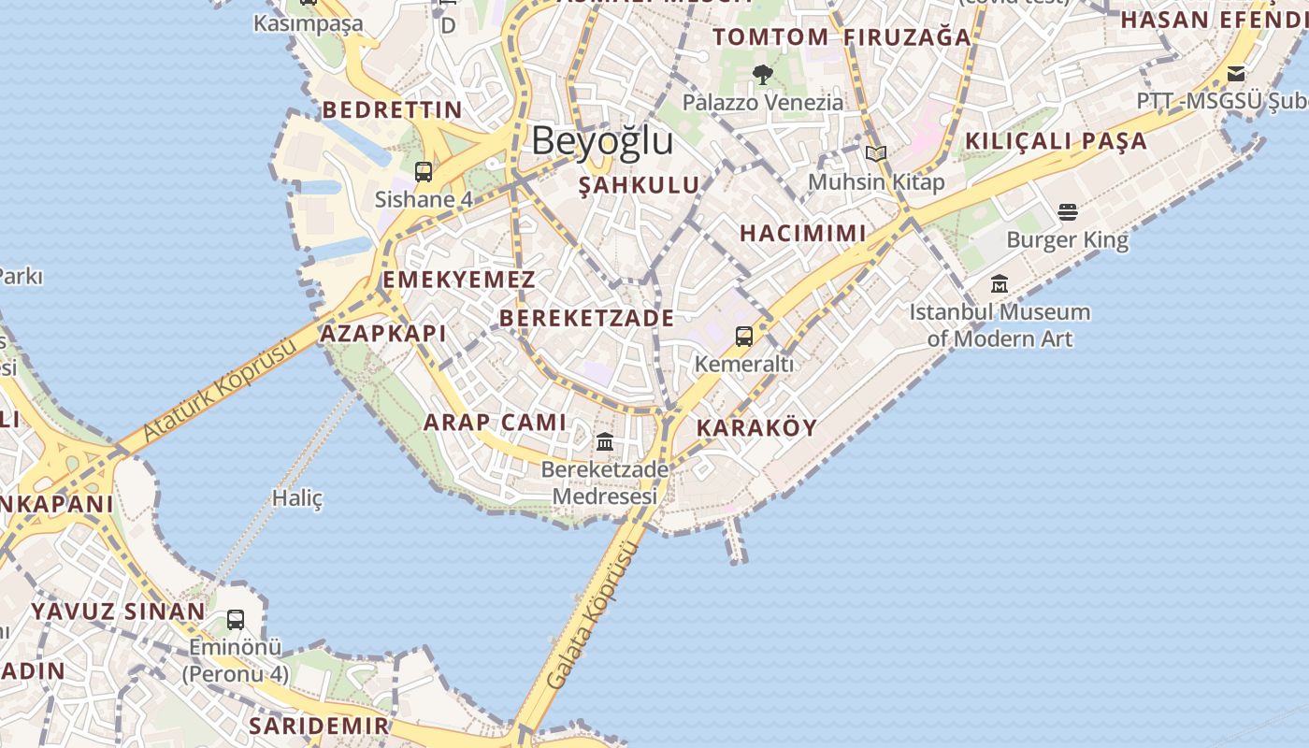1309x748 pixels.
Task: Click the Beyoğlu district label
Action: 602,141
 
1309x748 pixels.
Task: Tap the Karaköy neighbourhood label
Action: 757,428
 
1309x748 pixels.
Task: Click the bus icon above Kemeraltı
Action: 744,337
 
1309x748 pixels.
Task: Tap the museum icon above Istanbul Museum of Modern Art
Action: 1000,283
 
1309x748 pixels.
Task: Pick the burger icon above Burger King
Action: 1068,212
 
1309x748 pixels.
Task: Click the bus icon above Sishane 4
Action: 424,172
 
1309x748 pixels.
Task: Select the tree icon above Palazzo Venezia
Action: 763,75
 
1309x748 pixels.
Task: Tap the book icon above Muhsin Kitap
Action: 876,154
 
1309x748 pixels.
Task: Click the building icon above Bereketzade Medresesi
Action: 605,441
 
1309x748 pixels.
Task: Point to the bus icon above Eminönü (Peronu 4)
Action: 236,619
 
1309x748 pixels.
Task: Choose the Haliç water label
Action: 297,498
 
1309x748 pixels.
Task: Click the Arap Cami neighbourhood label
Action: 496,423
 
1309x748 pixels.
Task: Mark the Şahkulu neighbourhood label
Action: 640,185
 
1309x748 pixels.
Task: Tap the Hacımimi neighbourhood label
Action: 803,234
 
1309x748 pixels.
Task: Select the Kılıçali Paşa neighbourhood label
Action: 1056,141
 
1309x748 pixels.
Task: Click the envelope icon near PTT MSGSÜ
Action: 1236,74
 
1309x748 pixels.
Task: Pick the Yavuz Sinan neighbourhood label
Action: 119,612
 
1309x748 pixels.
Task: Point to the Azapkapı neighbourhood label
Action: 383,334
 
